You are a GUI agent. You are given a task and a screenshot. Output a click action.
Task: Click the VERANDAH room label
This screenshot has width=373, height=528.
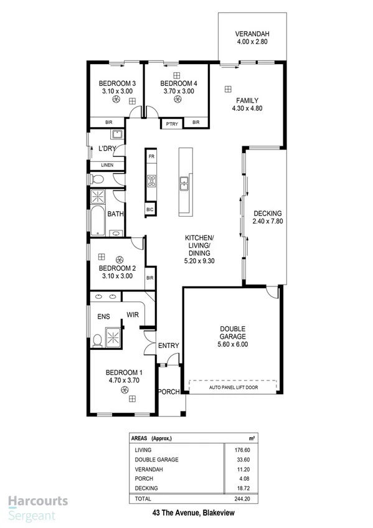253,34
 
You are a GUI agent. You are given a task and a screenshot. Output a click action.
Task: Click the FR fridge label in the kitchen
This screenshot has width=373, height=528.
150,155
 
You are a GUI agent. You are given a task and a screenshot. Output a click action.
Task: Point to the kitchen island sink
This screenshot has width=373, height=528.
184,183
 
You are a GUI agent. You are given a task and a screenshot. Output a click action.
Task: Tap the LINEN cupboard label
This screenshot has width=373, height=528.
107,165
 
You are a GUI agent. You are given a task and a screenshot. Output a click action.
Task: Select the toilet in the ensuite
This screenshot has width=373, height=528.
97,341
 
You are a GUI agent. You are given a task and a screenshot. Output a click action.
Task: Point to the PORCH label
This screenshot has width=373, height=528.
168,392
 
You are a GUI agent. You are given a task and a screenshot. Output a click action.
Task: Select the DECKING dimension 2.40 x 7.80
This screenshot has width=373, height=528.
268,221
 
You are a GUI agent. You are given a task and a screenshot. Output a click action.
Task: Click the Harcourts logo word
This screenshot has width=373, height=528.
38,502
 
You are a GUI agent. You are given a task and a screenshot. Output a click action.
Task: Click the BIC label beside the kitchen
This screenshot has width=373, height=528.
150,210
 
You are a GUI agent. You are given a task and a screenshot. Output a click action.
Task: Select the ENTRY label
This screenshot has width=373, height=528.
168,346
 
